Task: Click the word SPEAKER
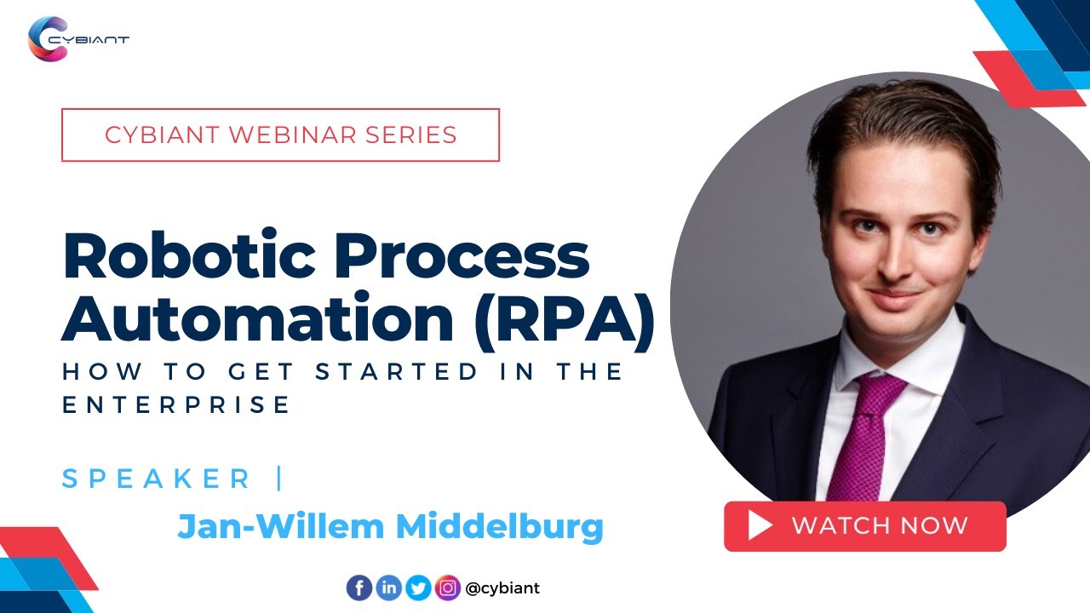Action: (x=157, y=478)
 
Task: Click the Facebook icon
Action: (x=359, y=587)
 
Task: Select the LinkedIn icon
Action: (x=388, y=587)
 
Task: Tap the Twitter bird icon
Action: (x=418, y=587)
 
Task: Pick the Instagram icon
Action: (x=447, y=587)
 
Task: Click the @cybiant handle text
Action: (x=502, y=587)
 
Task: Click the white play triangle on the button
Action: (x=760, y=526)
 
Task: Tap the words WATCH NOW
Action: (x=880, y=526)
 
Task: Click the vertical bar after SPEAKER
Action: (x=279, y=478)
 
